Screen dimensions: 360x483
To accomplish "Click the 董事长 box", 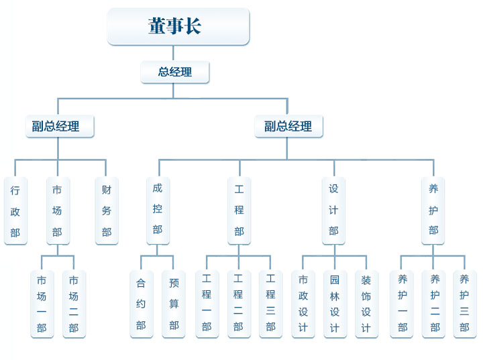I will [x=178, y=27].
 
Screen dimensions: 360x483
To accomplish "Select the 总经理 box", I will [x=175, y=72].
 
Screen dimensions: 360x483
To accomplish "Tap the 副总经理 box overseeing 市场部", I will [x=60, y=126].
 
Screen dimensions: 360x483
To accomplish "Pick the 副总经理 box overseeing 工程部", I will [x=288, y=126].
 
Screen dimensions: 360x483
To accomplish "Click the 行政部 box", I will [x=15, y=211].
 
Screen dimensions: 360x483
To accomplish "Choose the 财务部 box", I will [x=107, y=211].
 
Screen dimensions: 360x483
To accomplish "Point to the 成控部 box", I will [x=158, y=210].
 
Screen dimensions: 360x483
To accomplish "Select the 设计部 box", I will [x=333, y=210].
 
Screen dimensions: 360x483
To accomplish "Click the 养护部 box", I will [x=433, y=210].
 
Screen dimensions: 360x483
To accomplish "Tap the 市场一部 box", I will [x=42, y=304].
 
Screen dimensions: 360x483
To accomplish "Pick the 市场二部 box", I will [x=74, y=304].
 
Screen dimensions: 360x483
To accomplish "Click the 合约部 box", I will [x=141, y=304].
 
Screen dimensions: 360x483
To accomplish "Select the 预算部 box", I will [x=174, y=304].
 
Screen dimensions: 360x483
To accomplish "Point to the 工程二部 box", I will [x=238, y=304].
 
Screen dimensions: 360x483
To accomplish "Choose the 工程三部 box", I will [x=270, y=304].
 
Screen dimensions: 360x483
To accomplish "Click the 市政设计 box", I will [x=303, y=304].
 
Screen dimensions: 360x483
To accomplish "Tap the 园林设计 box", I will [x=335, y=304].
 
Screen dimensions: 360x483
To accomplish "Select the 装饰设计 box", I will [x=366, y=304].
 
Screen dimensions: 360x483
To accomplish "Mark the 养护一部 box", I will [x=402, y=304].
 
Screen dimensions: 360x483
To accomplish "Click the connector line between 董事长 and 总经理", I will [x=174, y=54].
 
